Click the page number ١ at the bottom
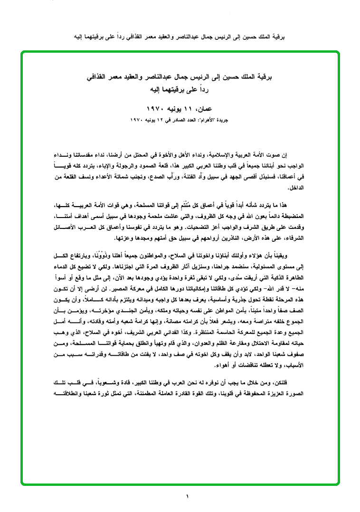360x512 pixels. (187, 496)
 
